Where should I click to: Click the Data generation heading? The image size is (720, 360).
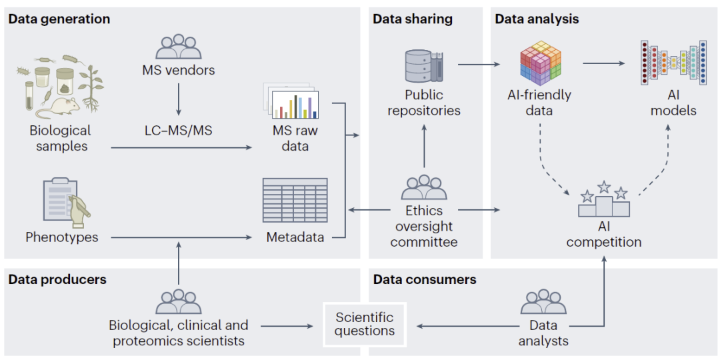coord(59,19)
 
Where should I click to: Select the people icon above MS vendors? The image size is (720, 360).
coord(178,47)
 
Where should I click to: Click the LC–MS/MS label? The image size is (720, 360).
coord(179,131)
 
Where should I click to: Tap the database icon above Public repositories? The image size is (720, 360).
coord(424,63)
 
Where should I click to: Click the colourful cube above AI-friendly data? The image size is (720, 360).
coord(540,63)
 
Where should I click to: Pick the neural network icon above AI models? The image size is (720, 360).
coord(674,63)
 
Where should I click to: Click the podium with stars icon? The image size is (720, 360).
coord(604,200)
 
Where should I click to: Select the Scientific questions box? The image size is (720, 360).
coord(365,324)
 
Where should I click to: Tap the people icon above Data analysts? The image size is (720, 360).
coord(543,302)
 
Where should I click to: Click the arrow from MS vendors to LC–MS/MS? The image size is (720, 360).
coord(179,98)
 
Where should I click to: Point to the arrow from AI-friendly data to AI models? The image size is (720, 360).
coord(604,63)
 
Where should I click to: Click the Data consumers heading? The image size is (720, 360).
coord(425,279)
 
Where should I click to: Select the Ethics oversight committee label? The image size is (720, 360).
coord(424,227)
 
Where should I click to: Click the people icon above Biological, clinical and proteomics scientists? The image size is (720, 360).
coord(178,302)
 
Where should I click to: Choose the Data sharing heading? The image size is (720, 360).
coord(413,19)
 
